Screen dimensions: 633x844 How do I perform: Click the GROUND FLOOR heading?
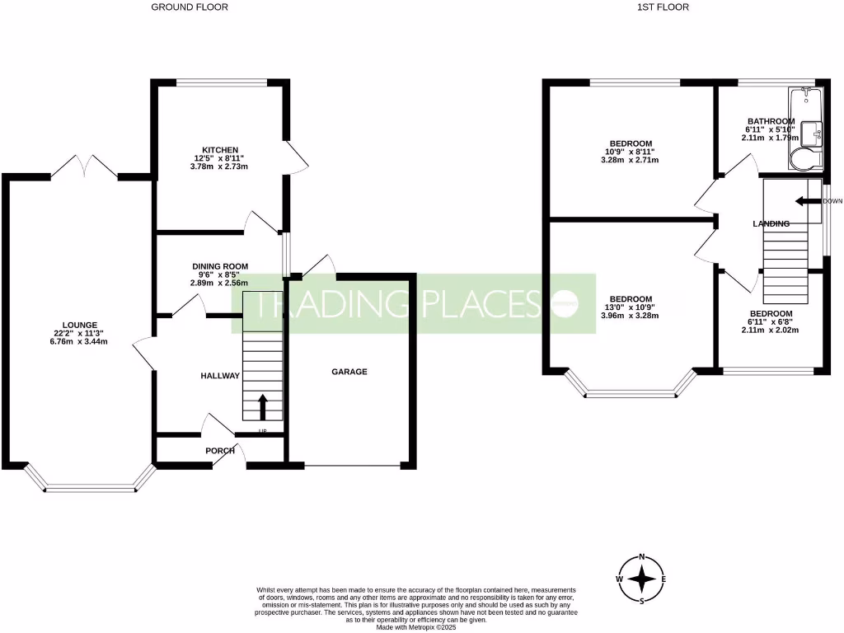190,7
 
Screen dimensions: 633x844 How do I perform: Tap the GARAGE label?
349,372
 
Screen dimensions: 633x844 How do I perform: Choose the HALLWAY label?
220,376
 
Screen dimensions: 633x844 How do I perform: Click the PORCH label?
220,451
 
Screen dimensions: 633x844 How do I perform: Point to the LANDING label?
771,223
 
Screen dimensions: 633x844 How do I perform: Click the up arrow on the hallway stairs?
264,406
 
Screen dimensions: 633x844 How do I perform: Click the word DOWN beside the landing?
832,201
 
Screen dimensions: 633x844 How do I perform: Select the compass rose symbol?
641,579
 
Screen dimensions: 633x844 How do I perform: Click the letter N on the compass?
642,556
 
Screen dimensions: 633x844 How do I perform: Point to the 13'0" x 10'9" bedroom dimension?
631,307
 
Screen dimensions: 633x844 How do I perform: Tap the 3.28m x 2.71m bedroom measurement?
631,160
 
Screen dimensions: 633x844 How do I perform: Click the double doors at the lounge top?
84,167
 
